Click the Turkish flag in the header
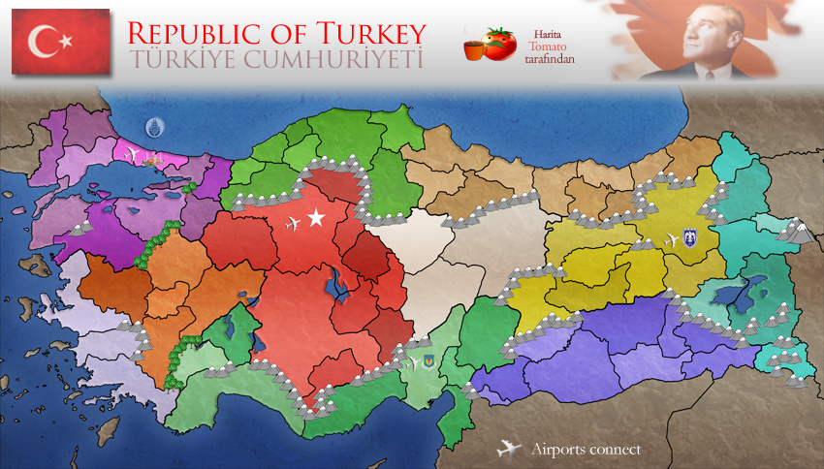(60, 42)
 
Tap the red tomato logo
(500, 45)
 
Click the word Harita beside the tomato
(548, 32)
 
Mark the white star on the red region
(316, 218)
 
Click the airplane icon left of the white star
(295, 225)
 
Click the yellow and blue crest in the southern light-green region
(425, 361)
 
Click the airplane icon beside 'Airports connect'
(508, 449)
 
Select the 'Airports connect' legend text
(586, 450)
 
